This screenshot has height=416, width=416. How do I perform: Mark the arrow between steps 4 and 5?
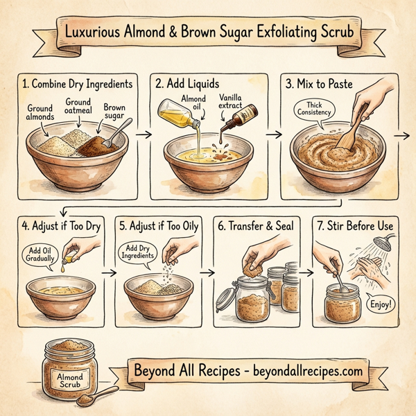[109, 273]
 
